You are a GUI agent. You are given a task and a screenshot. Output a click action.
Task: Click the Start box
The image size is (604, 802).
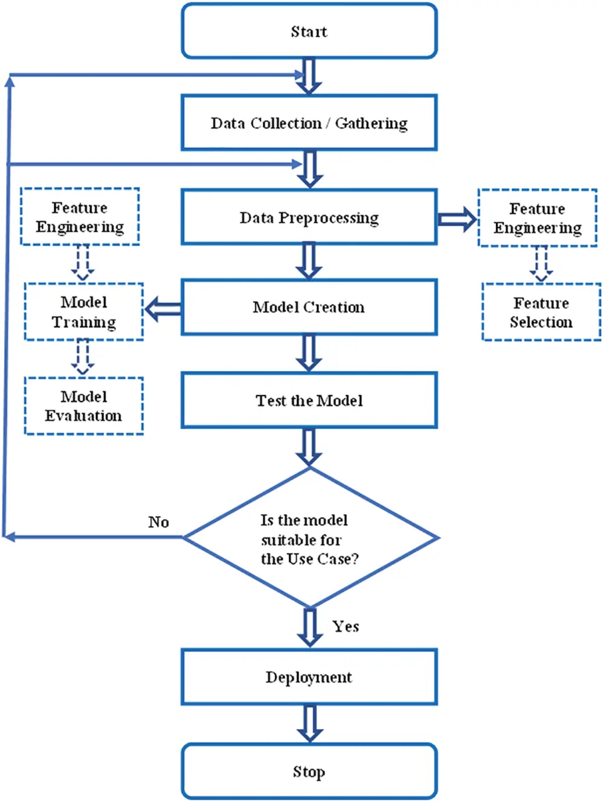coord(309,31)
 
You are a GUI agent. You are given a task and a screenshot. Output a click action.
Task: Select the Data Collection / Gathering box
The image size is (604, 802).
coord(309,123)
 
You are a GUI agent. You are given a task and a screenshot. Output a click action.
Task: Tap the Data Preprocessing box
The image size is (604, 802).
coord(309,217)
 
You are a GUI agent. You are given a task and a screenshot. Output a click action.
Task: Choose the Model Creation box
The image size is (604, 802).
coord(309,307)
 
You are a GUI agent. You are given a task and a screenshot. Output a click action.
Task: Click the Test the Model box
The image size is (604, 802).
coord(309,401)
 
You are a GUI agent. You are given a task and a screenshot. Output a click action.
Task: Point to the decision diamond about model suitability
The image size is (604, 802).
coord(310,538)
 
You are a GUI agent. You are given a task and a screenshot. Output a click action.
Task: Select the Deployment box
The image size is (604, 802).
coord(309,677)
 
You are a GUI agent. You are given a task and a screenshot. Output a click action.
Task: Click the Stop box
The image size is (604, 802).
coord(309,772)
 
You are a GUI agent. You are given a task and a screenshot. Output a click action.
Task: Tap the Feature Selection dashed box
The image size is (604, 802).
coord(541,312)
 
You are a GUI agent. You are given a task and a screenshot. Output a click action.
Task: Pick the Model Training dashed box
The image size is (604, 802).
coord(84,312)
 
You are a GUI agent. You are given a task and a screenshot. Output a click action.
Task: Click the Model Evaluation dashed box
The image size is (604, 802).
coord(84,406)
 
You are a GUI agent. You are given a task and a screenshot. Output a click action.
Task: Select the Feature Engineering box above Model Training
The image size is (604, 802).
coord(80,217)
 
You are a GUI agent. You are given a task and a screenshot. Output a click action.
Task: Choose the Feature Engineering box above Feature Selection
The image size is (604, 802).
coord(538,218)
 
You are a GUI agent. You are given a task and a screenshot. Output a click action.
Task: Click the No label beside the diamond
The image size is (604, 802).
coord(158,522)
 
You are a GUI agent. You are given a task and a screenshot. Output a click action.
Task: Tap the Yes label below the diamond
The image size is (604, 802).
coord(345,626)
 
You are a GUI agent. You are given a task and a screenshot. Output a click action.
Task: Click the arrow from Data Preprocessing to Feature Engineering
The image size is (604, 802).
coord(457,219)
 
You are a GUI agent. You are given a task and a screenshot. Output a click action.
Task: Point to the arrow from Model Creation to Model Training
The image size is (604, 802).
coord(163,309)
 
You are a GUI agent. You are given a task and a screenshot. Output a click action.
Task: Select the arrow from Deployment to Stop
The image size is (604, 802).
coord(309,724)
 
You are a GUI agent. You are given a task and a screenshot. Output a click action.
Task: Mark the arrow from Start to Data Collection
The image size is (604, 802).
coord(309,76)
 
